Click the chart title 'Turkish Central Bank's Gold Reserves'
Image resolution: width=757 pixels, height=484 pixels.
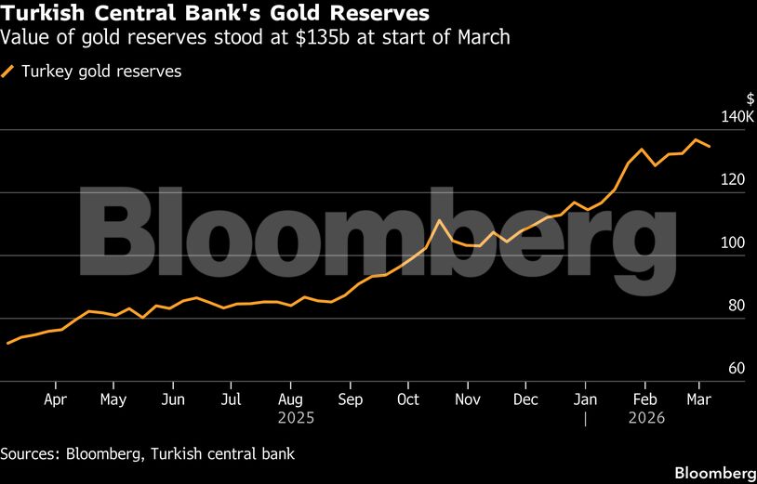coord(215,14)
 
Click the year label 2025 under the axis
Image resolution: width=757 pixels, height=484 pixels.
coord(296,418)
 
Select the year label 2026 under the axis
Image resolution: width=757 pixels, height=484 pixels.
coord(645,418)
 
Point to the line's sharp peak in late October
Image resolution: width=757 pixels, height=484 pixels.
coord(438,220)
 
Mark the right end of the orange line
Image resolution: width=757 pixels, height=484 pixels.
coord(711,146)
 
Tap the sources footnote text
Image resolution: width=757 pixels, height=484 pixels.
coord(147,453)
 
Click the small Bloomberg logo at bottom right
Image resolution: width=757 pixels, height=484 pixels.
coord(714,471)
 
